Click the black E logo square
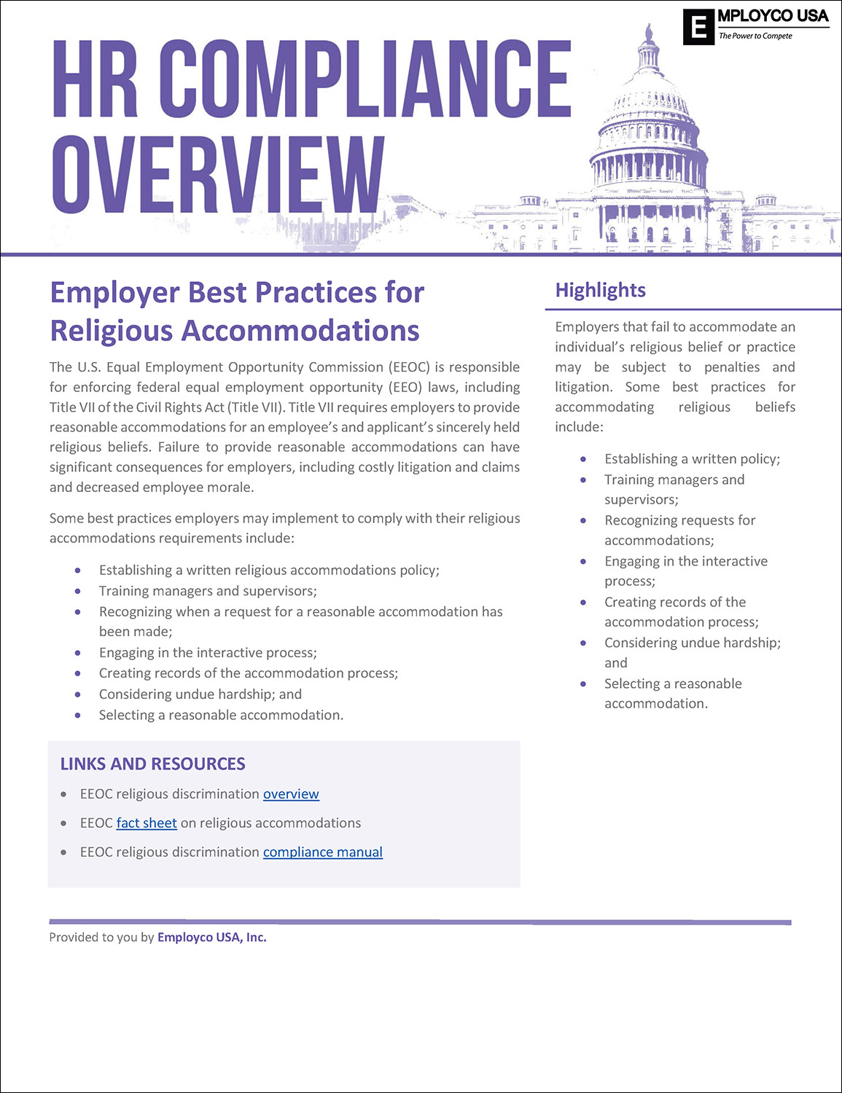698,28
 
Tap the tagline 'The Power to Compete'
755,36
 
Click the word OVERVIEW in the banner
218,176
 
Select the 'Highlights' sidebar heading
600,290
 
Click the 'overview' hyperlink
291,794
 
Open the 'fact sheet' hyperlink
147,823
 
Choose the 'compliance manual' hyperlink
322,852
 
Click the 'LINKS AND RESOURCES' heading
152,764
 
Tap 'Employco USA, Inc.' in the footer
212,937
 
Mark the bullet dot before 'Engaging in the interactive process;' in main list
78,653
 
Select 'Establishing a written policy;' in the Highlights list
692,458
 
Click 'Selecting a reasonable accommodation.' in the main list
221,715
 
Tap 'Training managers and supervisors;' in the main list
208,590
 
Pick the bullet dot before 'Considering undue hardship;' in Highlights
583,643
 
